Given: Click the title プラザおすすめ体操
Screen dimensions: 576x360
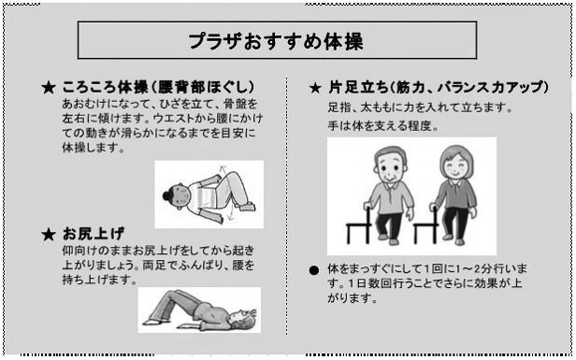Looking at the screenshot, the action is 276,41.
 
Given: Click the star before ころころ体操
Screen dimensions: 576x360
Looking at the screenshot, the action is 49,88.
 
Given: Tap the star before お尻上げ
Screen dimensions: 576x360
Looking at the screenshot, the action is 49,235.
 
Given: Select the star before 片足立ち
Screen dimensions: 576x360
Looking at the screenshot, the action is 315,88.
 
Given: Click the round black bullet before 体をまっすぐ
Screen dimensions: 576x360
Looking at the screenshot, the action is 314,271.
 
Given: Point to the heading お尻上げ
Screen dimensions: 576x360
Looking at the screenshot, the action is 94,233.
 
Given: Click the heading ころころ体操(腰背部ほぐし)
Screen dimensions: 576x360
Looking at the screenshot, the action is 158,88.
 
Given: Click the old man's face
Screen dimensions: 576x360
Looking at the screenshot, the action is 390,166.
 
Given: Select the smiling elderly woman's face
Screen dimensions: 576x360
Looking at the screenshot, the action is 456,166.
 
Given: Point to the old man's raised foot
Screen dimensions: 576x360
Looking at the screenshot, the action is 382,237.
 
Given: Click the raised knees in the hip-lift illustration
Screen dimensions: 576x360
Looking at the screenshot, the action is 173,294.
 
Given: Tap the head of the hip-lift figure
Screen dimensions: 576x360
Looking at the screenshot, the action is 247,315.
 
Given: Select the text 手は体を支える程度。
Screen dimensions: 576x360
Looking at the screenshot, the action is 383,126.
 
